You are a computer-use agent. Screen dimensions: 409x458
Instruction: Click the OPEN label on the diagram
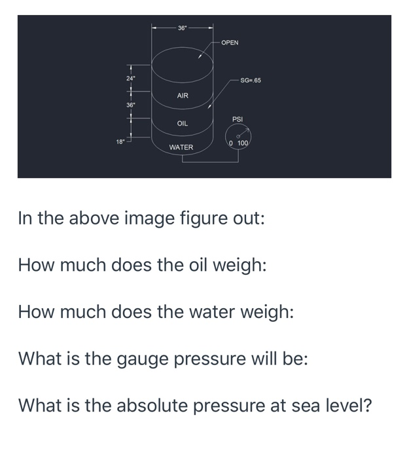coord(230,43)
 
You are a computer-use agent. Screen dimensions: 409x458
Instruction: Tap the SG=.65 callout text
coord(251,80)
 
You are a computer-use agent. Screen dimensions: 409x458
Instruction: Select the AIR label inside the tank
coord(183,96)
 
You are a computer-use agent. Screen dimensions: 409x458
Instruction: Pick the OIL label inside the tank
coord(183,123)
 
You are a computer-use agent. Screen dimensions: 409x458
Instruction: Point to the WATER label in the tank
coord(181,147)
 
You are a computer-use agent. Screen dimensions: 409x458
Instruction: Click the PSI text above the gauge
coord(238,120)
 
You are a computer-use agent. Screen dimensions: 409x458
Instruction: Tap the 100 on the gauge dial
coord(243,143)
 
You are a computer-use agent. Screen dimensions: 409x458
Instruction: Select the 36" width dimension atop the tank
coord(183,27)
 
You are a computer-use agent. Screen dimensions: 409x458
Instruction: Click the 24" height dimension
coord(130,79)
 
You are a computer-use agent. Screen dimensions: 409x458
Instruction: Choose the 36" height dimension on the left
coord(130,105)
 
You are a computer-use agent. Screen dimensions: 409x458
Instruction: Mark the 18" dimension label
coord(120,141)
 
